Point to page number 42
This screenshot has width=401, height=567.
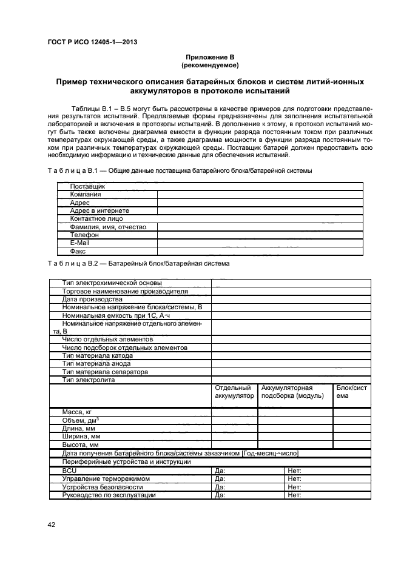[x=52, y=525]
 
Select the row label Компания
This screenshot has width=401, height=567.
[x=85, y=195]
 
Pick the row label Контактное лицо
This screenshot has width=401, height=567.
[x=96, y=218]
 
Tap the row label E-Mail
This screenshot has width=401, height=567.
[x=80, y=242]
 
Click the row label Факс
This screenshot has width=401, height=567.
[x=78, y=250]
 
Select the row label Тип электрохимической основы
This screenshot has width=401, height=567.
[x=112, y=283]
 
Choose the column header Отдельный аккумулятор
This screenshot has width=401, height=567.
[x=234, y=392]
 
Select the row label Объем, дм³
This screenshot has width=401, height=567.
[x=81, y=420]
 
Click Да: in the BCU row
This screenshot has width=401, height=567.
[x=220, y=470]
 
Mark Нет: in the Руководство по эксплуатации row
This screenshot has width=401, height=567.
[x=295, y=495]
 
